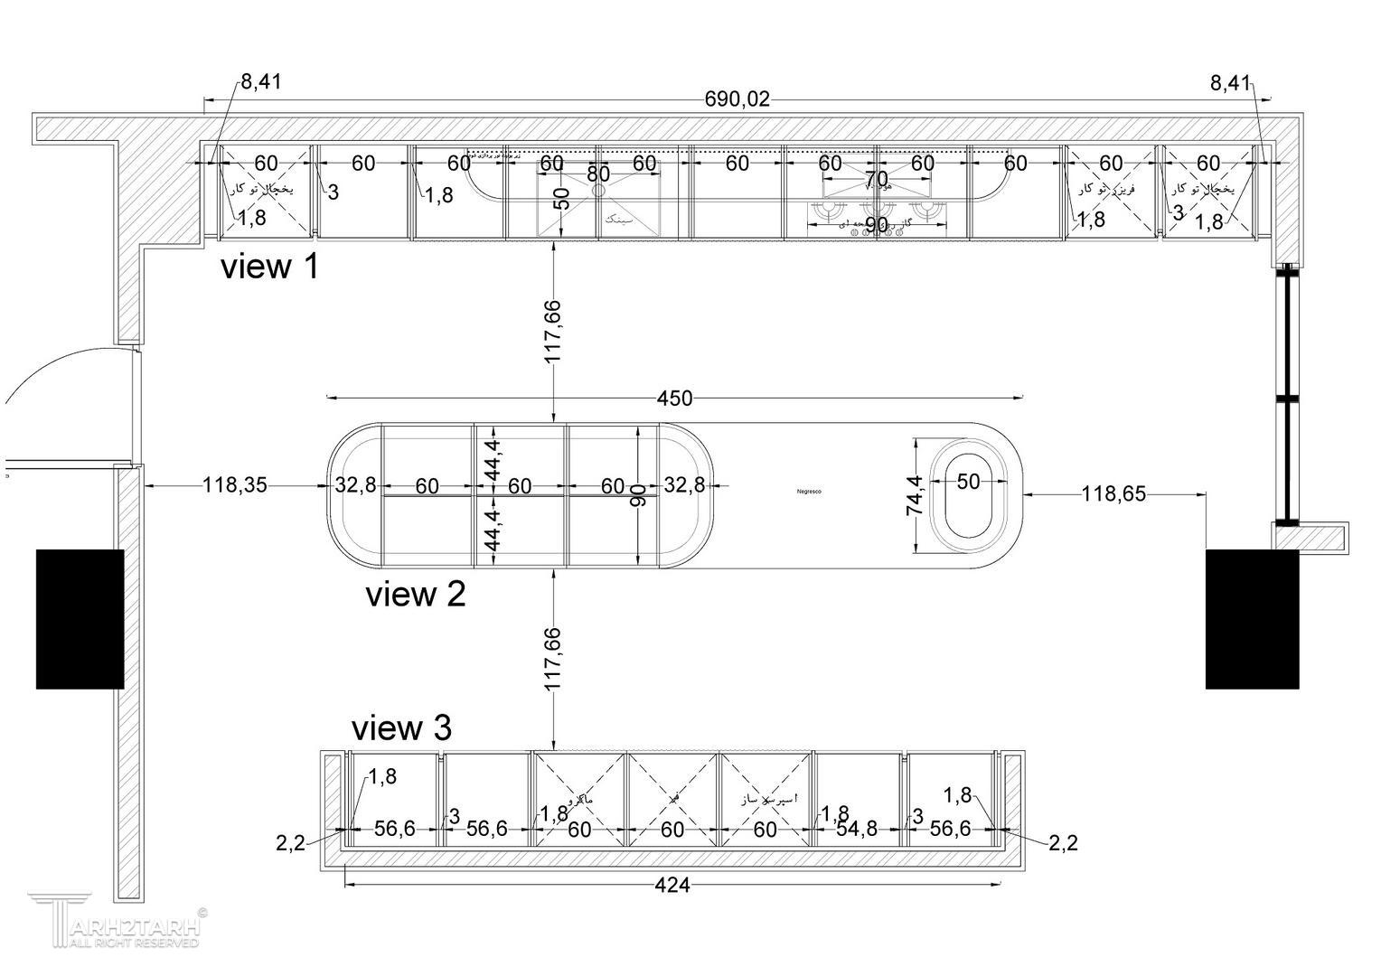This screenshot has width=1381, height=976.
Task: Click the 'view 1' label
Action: [269, 267]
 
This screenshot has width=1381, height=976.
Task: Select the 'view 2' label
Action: [415, 595]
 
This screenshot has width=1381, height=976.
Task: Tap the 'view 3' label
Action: [400, 727]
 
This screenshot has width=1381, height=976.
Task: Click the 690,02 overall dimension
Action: [737, 99]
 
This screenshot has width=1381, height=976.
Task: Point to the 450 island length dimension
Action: [674, 399]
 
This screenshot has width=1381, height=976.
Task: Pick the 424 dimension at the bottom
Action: [672, 886]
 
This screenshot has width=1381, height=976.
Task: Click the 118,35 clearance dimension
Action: [234, 485]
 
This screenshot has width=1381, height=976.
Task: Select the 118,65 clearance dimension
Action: [1113, 494]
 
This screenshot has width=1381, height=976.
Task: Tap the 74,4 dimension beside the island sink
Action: [915, 495]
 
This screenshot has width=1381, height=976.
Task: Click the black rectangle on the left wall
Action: [80, 619]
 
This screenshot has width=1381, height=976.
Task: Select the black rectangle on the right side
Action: [1252, 619]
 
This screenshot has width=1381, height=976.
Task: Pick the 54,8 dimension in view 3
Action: [857, 829]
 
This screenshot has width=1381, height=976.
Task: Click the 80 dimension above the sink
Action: [598, 174]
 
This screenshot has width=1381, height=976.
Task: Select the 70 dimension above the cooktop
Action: [876, 178]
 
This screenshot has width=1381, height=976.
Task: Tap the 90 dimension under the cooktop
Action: [876, 225]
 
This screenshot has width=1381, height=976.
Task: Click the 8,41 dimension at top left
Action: [260, 82]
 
